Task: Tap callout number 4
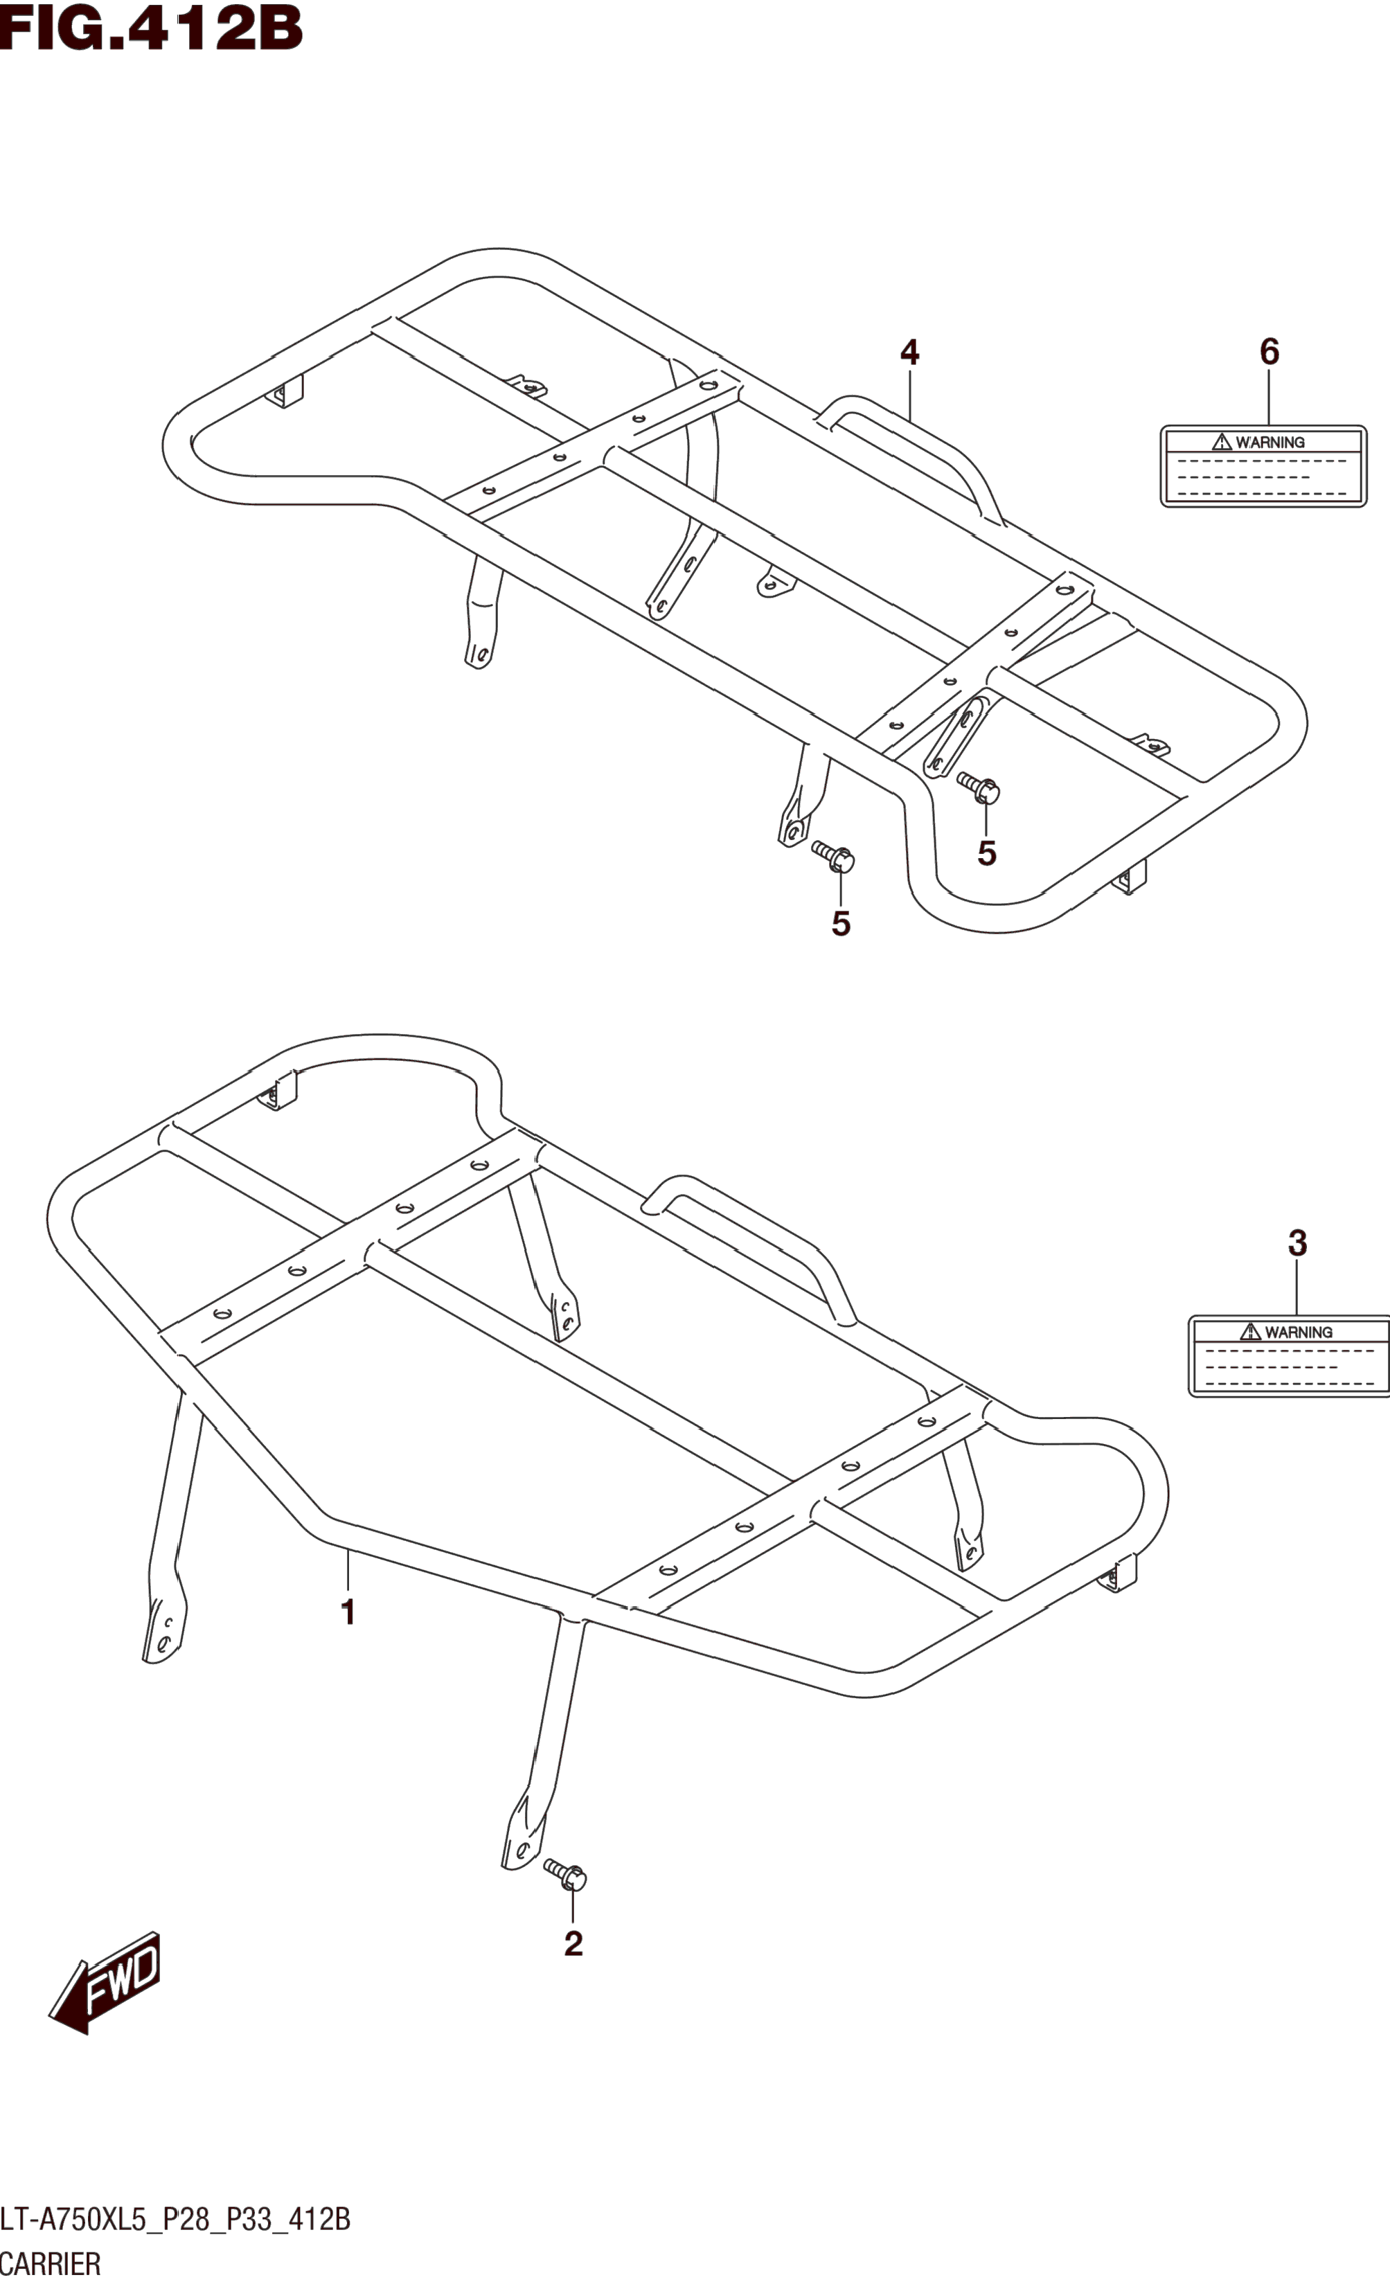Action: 909,353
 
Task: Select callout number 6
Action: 1269,353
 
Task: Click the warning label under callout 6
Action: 1263,466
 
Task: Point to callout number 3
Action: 1297,1244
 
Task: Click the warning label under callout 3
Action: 1289,1356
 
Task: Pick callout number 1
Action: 348,1612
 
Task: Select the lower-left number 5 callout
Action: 840,923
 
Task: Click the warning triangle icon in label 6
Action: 1222,442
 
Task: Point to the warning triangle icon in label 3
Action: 1250,1332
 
